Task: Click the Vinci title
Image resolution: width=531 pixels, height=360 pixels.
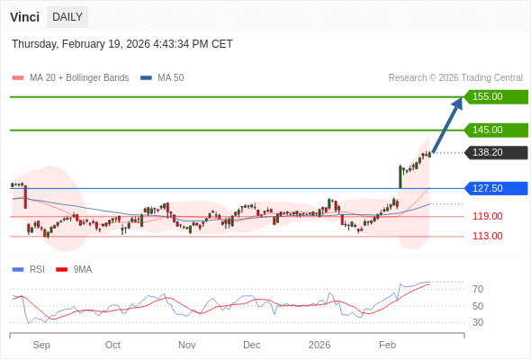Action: (x=24, y=17)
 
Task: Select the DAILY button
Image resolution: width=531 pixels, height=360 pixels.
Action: (x=67, y=17)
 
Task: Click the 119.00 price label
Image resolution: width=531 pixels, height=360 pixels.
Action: (x=487, y=216)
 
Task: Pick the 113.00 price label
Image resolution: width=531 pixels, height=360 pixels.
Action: (x=487, y=236)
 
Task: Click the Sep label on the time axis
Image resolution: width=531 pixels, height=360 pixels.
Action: (x=41, y=345)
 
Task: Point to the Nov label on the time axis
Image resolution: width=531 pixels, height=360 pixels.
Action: (x=186, y=345)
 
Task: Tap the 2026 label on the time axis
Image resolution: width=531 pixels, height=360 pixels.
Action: (x=319, y=345)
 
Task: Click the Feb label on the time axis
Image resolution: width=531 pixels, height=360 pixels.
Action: (x=387, y=345)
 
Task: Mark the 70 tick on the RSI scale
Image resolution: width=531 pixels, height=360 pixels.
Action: (x=478, y=289)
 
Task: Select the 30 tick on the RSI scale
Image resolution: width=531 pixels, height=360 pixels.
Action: (x=478, y=322)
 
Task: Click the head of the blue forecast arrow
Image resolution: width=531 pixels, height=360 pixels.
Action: (x=458, y=102)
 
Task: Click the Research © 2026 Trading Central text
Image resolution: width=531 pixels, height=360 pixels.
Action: (x=455, y=77)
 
